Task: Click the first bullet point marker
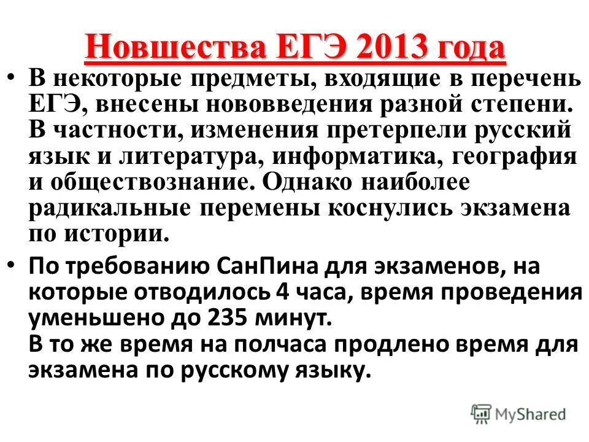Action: [x=14, y=79]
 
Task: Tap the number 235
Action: [x=229, y=319]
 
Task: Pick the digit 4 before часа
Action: [x=283, y=293]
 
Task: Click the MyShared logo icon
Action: [x=482, y=414]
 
